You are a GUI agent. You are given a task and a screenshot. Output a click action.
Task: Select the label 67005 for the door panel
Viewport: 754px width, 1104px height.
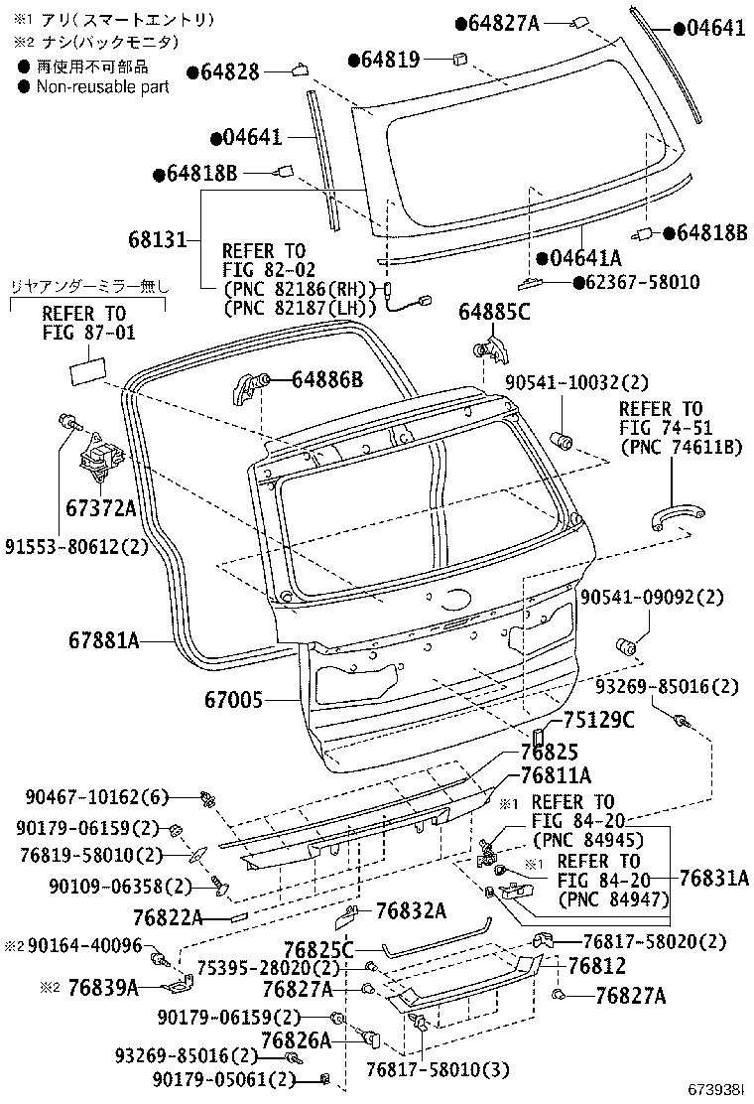234,700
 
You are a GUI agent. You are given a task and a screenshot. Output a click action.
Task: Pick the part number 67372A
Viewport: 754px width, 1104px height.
100,507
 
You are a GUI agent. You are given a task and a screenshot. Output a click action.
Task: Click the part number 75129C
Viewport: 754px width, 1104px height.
598,721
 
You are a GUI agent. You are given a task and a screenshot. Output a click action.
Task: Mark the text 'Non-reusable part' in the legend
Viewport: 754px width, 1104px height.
102,86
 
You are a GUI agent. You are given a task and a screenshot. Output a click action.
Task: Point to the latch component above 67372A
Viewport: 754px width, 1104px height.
99,457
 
